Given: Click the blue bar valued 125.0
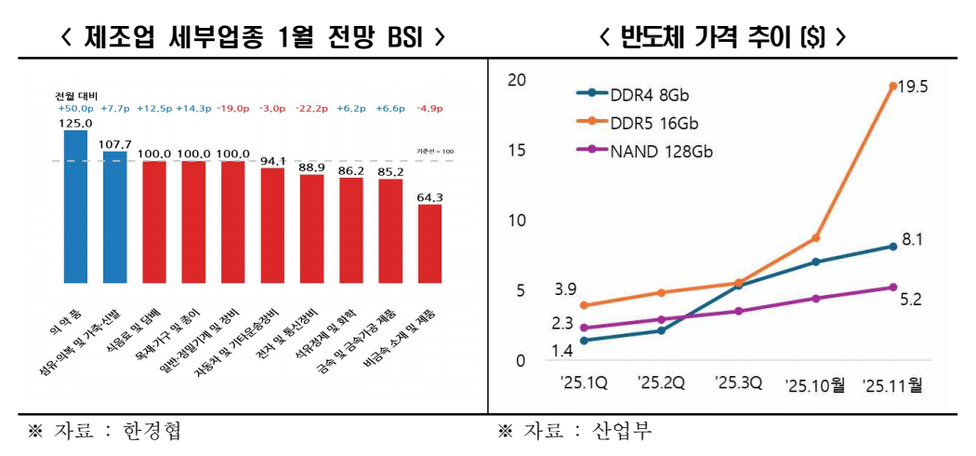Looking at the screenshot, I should point(75,206).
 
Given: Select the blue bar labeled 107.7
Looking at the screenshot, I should point(114,216).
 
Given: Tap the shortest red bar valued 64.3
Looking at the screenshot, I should point(429,243).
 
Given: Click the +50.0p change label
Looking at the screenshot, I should point(74,109).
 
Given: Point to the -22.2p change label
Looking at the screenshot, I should point(311,109).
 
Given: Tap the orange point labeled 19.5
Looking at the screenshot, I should point(892,86).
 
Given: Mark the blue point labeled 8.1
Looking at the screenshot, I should point(892,246).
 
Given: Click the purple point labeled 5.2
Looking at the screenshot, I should point(892,287).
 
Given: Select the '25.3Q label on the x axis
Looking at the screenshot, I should point(738,382).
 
